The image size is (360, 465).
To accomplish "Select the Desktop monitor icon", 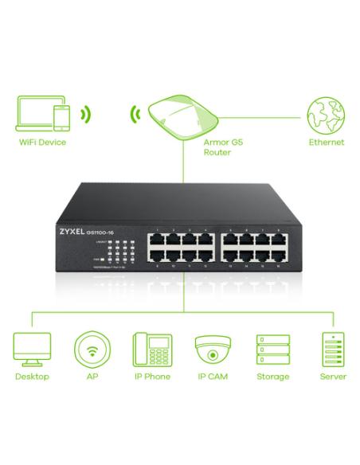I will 32,349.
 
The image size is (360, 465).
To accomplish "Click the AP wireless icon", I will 90,349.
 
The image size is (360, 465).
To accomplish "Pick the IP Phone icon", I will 151,349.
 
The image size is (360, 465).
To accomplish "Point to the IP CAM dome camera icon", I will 211,349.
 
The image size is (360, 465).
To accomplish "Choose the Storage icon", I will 271,349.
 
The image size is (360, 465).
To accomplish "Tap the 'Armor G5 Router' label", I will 217,147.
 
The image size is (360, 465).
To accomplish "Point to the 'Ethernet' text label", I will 326,143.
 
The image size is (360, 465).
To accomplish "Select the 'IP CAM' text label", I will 211,377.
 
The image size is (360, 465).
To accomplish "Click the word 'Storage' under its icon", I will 271,377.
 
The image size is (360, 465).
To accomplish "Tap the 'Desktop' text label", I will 32,377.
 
